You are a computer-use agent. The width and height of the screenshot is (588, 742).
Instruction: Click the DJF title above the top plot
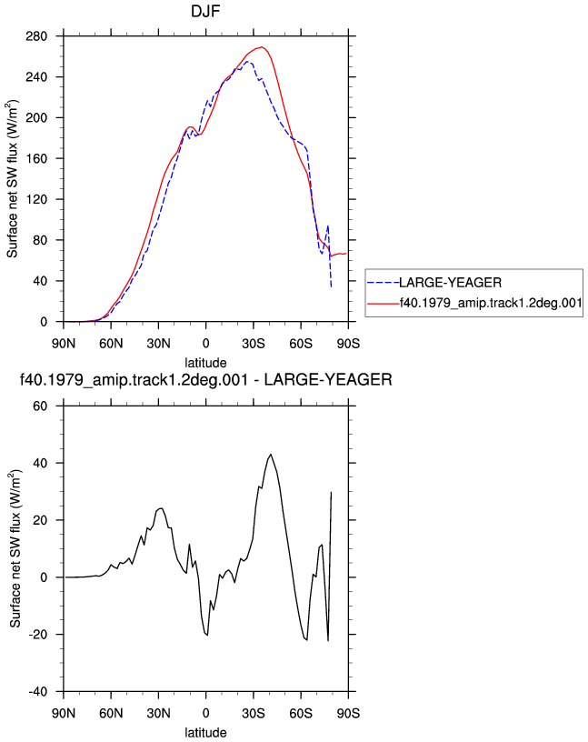click(x=205, y=11)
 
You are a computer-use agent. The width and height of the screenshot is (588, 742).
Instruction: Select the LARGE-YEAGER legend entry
click(x=450, y=283)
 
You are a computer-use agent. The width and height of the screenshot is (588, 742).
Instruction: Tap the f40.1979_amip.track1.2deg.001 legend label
click(x=491, y=303)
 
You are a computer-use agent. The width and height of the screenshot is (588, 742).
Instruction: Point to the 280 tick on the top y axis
click(x=36, y=36)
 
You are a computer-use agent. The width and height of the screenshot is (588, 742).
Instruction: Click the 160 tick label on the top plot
click(x=36, y=158)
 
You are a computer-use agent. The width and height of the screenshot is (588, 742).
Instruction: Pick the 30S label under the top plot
click(x=253, y=344)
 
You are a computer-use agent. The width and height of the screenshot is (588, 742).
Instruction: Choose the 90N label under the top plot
click(x=64, y=344)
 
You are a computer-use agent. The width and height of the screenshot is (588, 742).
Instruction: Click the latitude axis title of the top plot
click(x=205, y=363)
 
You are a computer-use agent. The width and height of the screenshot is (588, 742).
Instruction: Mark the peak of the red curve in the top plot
click(x=262, y=47)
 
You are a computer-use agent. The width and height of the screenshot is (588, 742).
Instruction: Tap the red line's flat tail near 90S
click(x=339, y=254)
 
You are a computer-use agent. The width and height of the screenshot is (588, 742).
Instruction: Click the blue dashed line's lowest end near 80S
click(x=331, y=286)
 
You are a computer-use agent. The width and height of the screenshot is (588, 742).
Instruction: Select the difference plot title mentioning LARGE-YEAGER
click(x=205, y=379)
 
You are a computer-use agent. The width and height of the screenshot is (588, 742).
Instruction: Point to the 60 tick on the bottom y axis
click(x=40, y=406)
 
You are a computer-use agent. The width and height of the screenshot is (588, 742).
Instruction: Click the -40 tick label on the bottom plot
click(x=38, y=692)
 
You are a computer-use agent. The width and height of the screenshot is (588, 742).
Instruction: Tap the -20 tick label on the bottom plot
click(x=38, y=635)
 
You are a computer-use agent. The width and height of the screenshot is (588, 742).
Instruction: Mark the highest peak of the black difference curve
click(x=271, y=455)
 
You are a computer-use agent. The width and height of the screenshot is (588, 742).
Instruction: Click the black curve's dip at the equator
click(x=206, y=635)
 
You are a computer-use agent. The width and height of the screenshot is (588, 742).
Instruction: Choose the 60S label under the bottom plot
click(x=301, y=713)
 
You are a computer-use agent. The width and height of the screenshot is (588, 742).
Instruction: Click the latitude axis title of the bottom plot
click(x=205, y=733)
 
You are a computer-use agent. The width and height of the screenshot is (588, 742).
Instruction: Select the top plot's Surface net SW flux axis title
click(x=13, y=179)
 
